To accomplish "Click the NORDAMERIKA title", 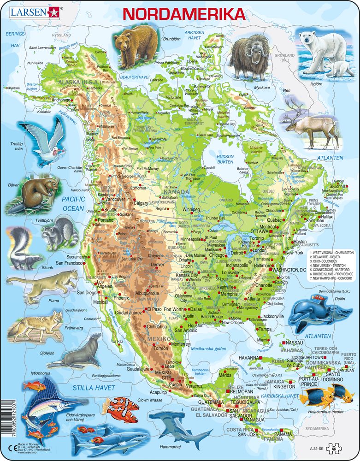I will pos(184,14).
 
